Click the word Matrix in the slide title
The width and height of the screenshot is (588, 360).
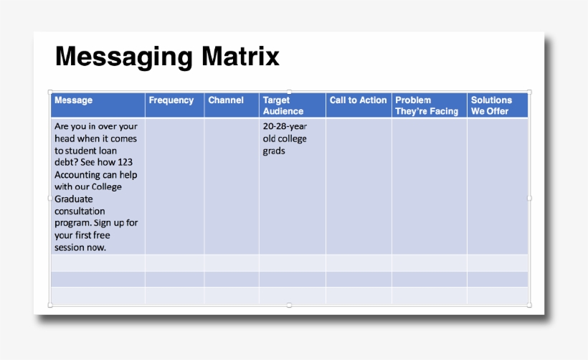point(242,57)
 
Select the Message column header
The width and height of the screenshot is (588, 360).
point(73,100)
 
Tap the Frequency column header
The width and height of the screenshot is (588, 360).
point(171,100)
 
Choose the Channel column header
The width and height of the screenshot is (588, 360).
point(226,100)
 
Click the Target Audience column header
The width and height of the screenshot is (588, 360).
point(283,105)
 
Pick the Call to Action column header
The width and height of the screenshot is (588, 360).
point(358,100)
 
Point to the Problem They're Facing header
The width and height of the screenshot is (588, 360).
point(427,105)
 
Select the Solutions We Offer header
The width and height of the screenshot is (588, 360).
point(491,105)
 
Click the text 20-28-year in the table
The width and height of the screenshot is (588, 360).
point(285,126)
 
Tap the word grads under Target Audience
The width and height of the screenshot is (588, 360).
point(274,151)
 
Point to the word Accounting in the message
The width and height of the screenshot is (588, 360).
point(78,175)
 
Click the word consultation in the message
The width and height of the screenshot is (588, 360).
point(80,212)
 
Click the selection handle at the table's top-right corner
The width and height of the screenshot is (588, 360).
point(529,92)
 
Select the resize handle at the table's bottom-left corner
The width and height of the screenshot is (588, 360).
point(49,305)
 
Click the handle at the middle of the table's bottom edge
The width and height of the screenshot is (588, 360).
point(289,305)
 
